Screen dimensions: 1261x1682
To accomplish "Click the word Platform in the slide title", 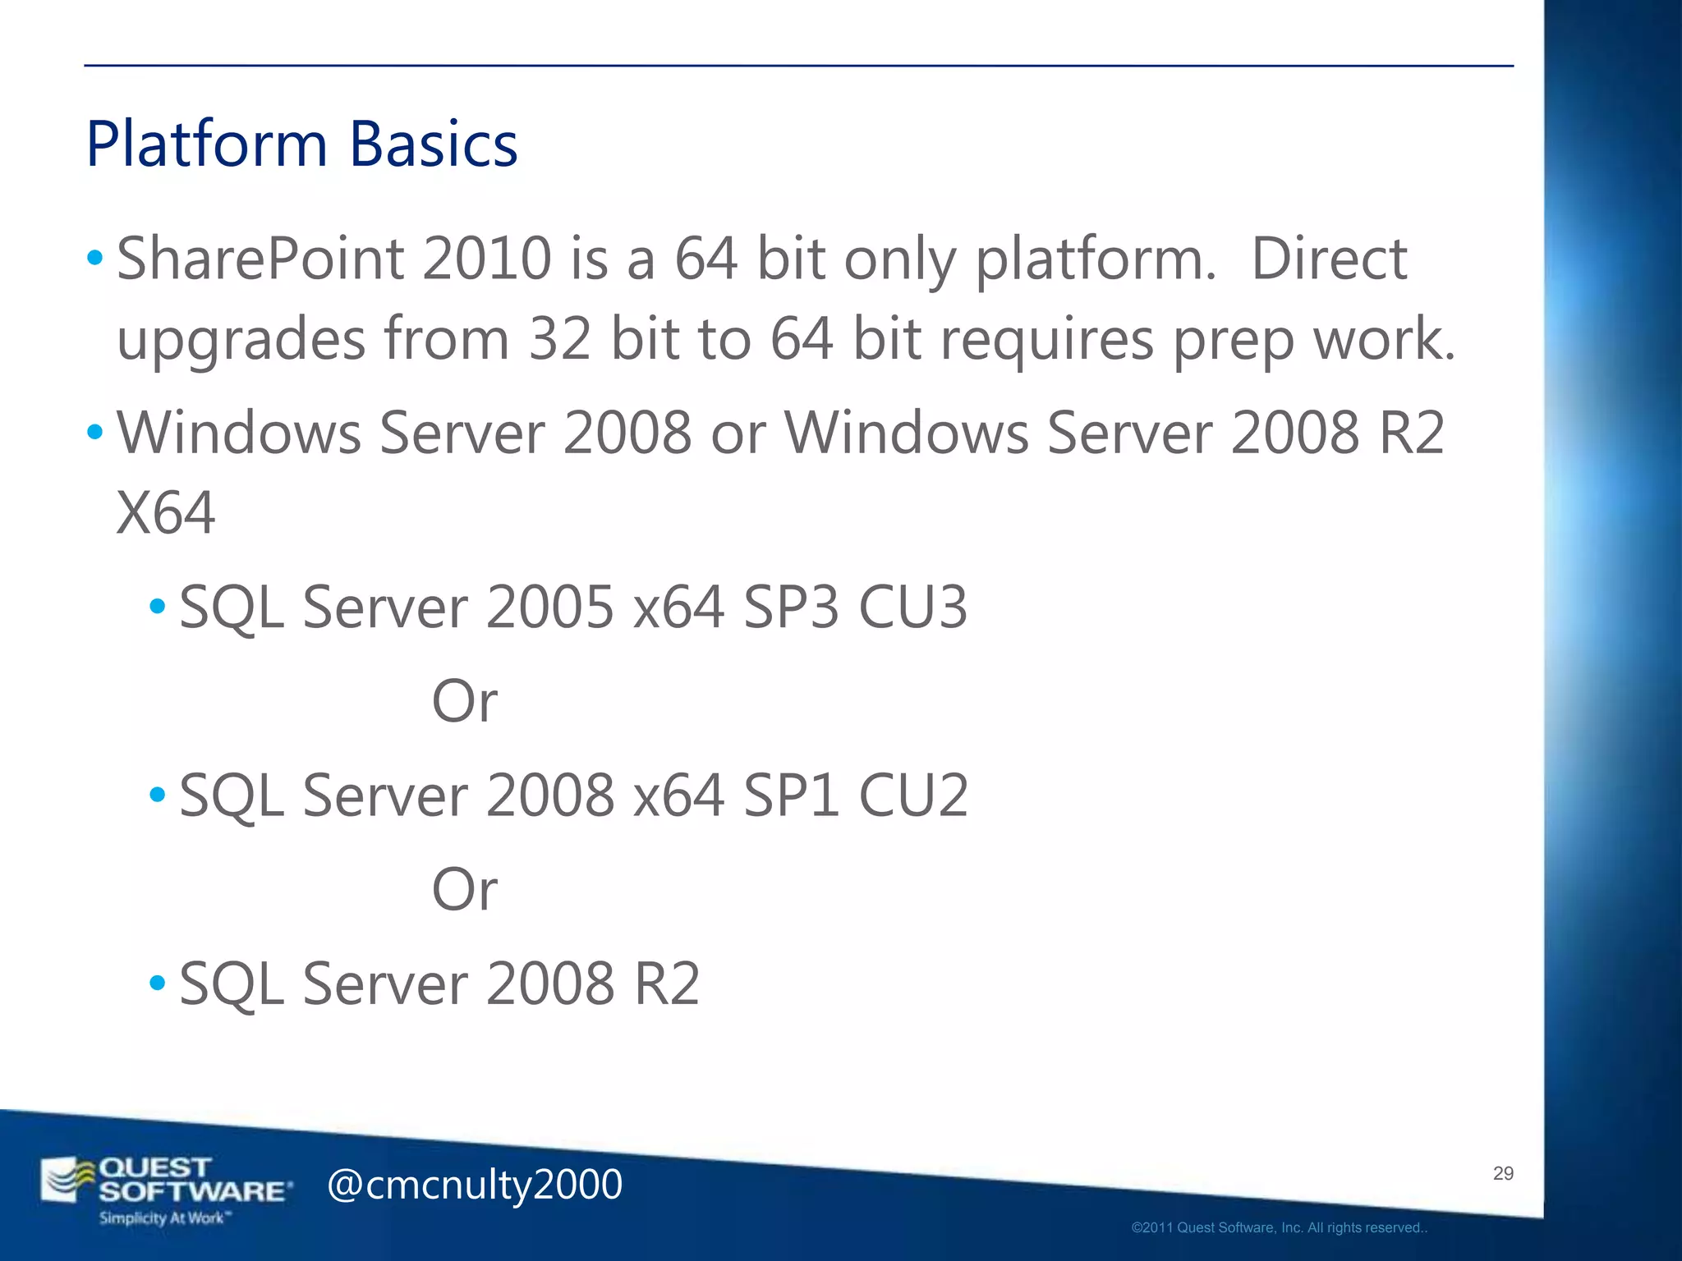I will point(206,144).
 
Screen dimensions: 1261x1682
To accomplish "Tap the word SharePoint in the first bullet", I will point(260,259).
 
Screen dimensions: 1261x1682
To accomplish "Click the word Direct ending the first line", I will point(1328,259).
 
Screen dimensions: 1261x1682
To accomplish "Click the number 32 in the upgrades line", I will point(560,339).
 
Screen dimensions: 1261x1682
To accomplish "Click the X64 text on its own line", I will point(166,513).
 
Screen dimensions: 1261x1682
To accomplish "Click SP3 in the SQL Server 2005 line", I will point(791,608).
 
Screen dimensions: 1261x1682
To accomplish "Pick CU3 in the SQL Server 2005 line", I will point(912,608).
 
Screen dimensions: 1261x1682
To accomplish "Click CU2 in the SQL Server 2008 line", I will point(913,796).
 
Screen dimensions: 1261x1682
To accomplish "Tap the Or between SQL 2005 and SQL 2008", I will point(465,702).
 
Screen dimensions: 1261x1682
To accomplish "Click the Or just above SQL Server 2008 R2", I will point(465,890).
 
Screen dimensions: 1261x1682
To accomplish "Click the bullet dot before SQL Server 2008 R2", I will point(158,982).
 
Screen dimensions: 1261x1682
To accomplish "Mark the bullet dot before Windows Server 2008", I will point(95,432).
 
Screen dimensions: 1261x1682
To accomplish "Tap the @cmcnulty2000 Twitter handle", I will point(475,1185).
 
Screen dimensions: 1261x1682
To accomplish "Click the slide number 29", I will point(1503,1173).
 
